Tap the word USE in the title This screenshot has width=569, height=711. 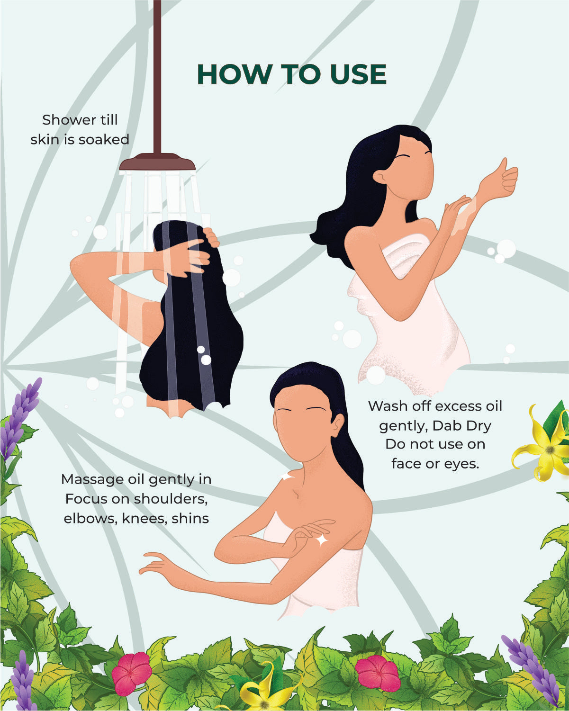click(x=358, y=74)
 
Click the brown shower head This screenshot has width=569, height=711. click(x=157, y=162)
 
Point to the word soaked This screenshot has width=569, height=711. click(x=104, y=139)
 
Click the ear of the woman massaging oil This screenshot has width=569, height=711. click(x=337, y=426)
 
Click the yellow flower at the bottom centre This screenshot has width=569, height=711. click(x=264, y=691)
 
